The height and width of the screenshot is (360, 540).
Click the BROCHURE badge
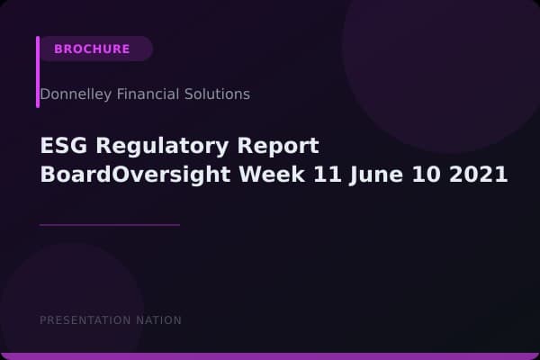coord(93,49)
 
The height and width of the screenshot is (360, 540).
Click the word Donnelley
coord(75,94)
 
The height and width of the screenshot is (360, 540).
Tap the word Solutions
coord(218,94)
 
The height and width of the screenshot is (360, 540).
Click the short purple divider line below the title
coord(110,225)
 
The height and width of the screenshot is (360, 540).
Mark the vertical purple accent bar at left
coord(38,72)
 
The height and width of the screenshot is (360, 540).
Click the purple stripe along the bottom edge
coord(270,356)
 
